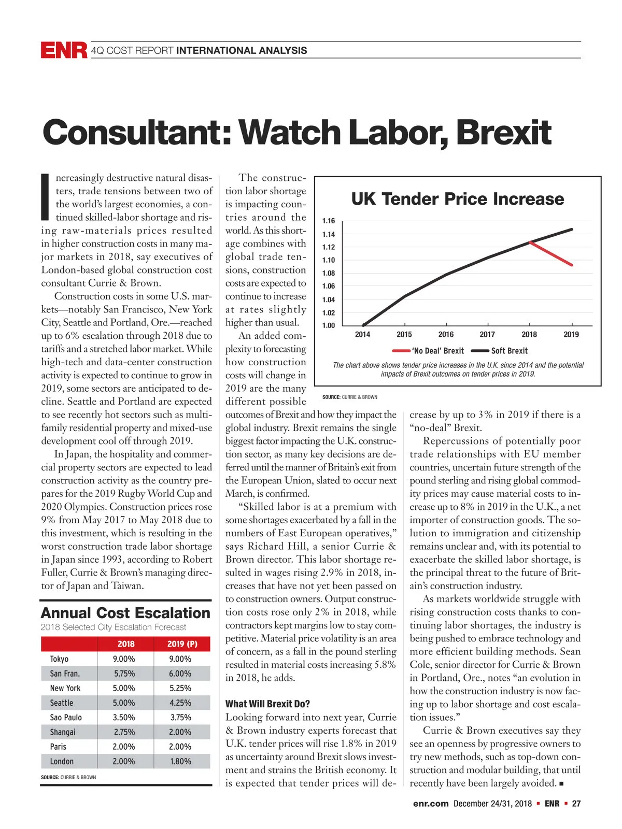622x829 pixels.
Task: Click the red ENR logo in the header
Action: click(x=64, y=50)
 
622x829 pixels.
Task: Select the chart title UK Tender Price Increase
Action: click(x=457, y=199)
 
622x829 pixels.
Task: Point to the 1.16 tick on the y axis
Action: click(x=329, y=221)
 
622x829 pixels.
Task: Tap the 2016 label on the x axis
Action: click(x=446, y=335)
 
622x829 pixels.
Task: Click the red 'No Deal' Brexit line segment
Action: click(x=551, y=253)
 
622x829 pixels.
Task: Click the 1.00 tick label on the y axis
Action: click(x=329, y=325)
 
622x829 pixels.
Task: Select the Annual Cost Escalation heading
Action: click(x=125, y=613)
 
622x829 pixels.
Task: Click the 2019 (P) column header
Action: click(x=182, y=644)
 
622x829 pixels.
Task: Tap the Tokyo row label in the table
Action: click(x=59, y=659)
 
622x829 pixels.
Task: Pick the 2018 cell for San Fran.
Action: click(x=124, y=674)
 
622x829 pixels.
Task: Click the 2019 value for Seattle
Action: click(x=180, y=703)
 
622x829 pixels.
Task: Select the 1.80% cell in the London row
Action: click(x=180, y=762)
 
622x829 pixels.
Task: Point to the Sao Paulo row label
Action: click(x=66, y=718)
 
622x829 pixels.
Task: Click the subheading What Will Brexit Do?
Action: click(x=267, y=704)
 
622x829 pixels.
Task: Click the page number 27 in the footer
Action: click(x=576, y=804)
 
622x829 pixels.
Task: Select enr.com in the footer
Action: click(x=430, y=804)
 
